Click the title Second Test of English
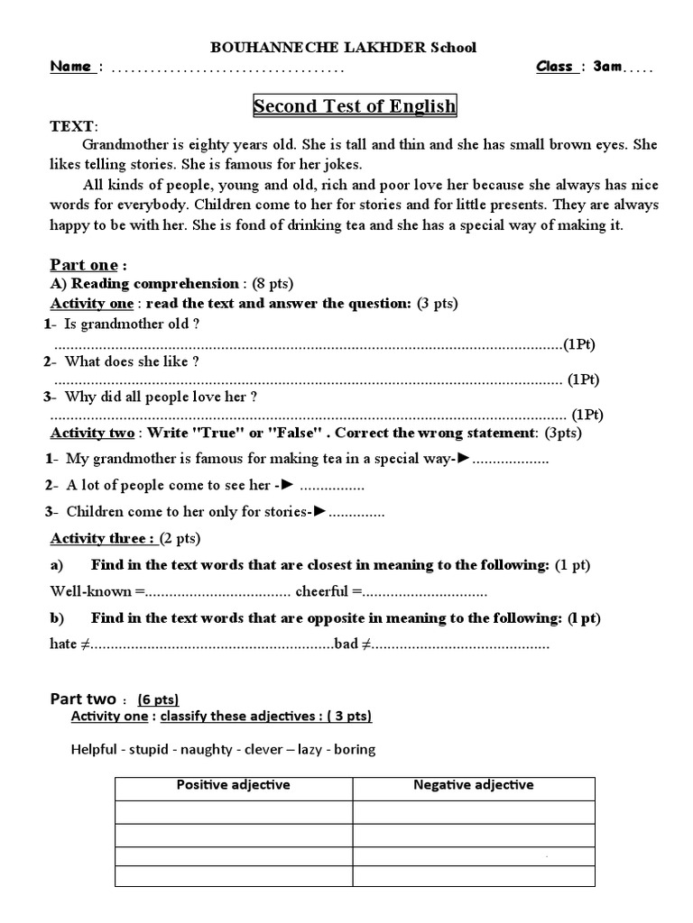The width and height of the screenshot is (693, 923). (x=355, y=106)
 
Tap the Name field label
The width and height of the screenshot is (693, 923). (x=71, y=67)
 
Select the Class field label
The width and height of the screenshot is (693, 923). (x=555, y=67)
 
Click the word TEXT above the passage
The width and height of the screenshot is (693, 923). (x=71, y=127)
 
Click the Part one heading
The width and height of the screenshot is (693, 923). (x=83, y=264)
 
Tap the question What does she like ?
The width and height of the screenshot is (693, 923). (x=132, y=361)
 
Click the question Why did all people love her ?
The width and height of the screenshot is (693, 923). (x=162, y=396)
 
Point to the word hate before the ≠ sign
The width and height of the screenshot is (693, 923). (x=63, y=644)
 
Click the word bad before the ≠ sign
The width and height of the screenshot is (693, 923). (x=346, y=644)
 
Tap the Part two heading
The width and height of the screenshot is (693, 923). (x=83, y=699)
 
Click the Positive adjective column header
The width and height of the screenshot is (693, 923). (x=233, y=785)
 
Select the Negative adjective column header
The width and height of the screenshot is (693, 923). (x=473, y=785)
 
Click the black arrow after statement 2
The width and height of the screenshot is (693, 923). (x=287, y=485)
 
